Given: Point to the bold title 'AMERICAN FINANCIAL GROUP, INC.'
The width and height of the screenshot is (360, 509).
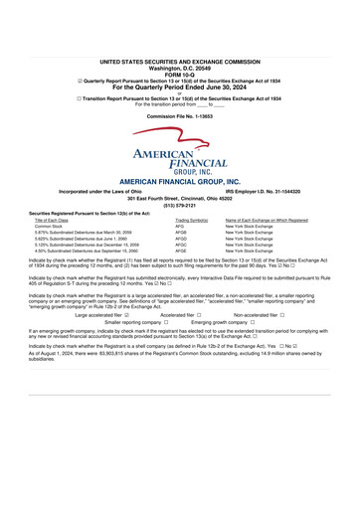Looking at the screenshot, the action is click(x=179, y=182).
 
